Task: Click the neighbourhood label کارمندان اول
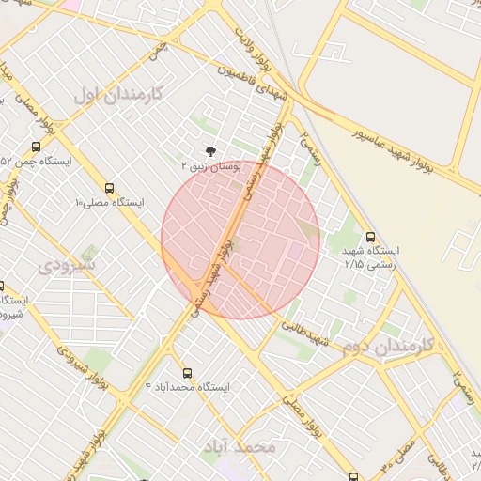coord(117,94)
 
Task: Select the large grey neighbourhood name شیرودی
coord(67,266)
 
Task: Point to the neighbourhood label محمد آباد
coord(240,445)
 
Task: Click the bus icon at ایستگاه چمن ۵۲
coord(36,147)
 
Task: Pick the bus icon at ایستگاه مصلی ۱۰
coord(110,188)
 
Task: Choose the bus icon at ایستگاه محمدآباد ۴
coord(188,372)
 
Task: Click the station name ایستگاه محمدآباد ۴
coord(188,387)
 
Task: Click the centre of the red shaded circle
coord(240,240)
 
